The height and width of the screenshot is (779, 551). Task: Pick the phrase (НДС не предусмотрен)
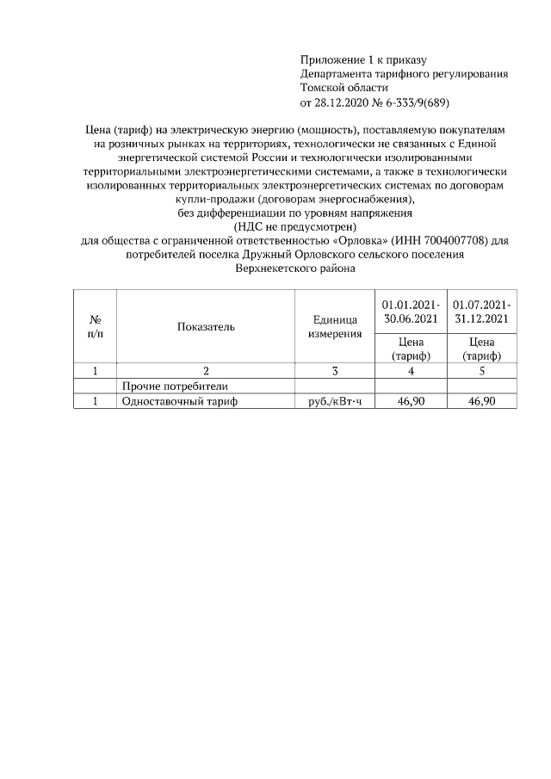pyautogui.click(x=294, y=226)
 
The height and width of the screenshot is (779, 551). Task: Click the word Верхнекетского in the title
pyautogui.click(x=273, y=268)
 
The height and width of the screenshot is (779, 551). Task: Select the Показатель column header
pyautogui.click(x=206, y=326)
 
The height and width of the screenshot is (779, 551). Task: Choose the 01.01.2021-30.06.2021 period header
pyautogui.click(x=411, y=312)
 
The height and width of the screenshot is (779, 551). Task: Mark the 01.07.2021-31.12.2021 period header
pyautogui.click(x=482, y=312)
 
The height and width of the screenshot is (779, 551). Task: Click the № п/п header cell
pyautogui.click(x=95, y=326)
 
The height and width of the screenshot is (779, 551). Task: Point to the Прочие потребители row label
pyautogui.click(x=175, y=386)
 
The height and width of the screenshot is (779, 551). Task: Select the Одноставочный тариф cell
pyautogui.click(x=179, y=401)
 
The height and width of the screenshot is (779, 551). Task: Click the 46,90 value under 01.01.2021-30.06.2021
pyautogui.click(x=411, y=401)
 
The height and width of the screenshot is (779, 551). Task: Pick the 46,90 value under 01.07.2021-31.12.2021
pyautogui.click(x=482, y=401)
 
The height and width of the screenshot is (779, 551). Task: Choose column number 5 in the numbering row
pyautogui.click(x=482, y=371)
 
